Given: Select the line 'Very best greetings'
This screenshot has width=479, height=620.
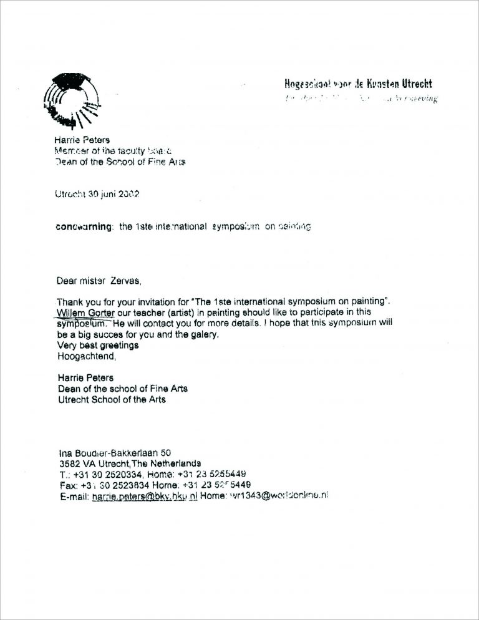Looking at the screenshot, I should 97,346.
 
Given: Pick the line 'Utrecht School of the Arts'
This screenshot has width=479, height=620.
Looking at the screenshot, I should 112,399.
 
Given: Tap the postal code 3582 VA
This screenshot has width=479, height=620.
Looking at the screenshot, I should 75,463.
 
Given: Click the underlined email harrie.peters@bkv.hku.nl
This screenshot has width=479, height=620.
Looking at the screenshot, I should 144,496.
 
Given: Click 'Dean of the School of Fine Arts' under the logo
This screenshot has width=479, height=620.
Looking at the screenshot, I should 120,162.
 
